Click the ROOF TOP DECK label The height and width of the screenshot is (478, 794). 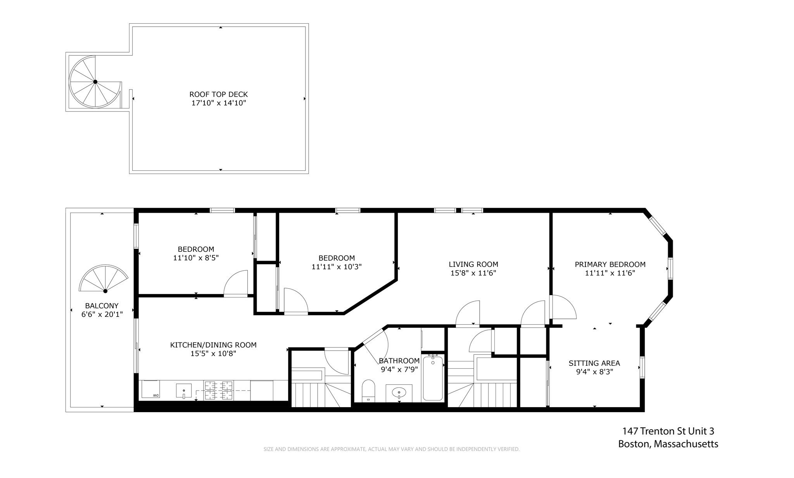click(x=218, y=94)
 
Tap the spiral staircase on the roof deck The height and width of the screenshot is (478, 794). click(x=95, y=82)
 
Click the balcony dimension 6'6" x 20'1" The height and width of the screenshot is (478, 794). click(x=102, y=315)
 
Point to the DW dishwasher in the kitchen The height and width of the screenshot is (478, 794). click(x=150, y=389)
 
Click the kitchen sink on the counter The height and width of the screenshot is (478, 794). click(x=184, y=390)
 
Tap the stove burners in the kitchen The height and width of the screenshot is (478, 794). click(x=219, y=390)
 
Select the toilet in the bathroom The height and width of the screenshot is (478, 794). click(x=368, y=390)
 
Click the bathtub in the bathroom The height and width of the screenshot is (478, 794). click(x=432, y=378)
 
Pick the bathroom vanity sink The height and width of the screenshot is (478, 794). click(x=399, y=393)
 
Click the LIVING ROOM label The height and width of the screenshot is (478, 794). click(x=473, y=264)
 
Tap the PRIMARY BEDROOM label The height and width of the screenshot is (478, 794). click(x=610, y=264)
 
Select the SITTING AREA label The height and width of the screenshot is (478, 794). click(x=594, y=363)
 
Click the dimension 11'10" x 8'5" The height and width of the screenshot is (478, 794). click(x=196, y=258)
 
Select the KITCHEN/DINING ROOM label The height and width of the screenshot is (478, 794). click(x=213, y=345)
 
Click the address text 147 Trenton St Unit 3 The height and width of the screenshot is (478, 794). click(x=668, y=431)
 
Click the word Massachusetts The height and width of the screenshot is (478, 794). click(x=686, y=444)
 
